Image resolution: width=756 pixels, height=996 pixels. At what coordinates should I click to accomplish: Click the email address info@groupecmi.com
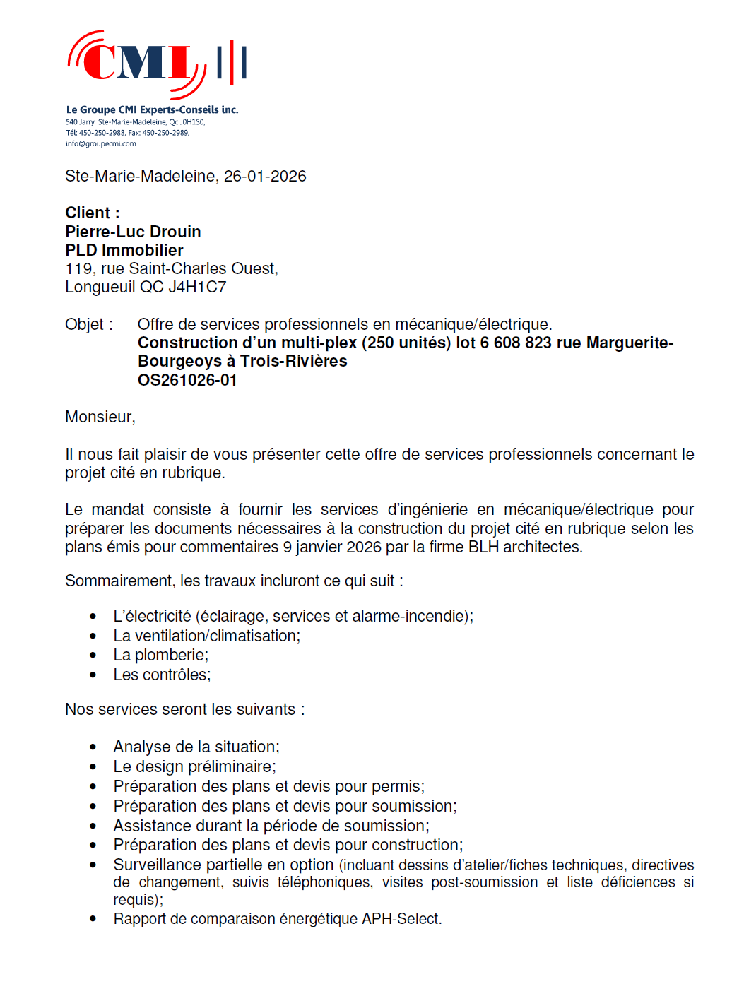coord(101,144)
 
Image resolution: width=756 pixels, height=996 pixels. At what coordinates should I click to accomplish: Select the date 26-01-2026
coord(265,177)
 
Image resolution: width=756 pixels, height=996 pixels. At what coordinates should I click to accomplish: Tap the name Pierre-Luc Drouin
coord(133,232)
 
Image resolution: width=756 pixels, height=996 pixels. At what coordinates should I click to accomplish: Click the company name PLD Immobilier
coord(124,250)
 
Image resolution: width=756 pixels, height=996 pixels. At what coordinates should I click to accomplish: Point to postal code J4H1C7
coord(197,287)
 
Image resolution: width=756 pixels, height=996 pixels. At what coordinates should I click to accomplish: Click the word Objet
coord(85,324)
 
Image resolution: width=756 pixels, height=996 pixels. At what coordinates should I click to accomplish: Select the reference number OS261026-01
coord(187,380)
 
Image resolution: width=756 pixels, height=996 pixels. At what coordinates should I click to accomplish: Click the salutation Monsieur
coord(99,417)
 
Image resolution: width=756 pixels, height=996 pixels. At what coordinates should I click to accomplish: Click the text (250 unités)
coord(406,343)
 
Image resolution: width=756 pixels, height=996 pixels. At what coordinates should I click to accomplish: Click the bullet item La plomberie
coord(160,656)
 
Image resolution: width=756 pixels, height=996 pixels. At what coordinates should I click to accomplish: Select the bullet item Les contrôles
coord(162,675)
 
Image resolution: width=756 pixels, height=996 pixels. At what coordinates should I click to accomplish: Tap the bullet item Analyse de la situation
coord(196,747)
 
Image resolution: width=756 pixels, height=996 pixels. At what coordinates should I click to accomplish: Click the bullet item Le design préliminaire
coord(194,767)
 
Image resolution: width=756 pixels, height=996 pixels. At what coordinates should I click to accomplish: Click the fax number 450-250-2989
coord(165,133)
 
